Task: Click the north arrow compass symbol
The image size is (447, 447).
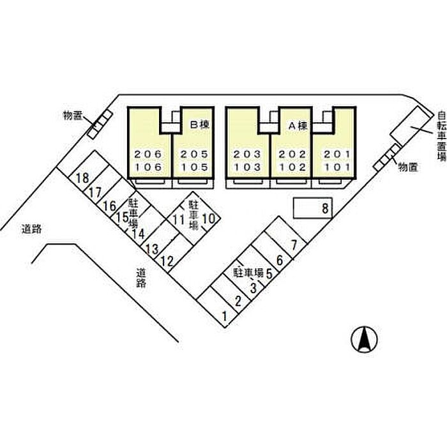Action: [x=365, y=339]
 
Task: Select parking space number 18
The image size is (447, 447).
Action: [x=82, y=178]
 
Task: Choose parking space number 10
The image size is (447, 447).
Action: [x=208, y=219]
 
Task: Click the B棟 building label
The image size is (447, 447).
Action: [x=200, y=125]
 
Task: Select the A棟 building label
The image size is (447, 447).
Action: [x=298, y=126]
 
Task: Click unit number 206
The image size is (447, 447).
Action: [x=148, y=155]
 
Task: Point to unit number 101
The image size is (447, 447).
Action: [x=337, y=167]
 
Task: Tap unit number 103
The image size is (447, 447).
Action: [x=247, y=167]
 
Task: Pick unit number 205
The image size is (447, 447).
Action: [x=194, y=155]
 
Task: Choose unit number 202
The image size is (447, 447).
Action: [x=292, y=155]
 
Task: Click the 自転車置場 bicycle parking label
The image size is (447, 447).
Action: [x=441, y=136]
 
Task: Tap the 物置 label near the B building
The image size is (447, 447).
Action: [x=73, y=116]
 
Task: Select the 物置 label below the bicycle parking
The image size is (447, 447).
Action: [x=407, y=167]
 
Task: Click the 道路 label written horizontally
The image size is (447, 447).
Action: [x=32, y=229]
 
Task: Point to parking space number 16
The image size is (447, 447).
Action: [x=110, y=206]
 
